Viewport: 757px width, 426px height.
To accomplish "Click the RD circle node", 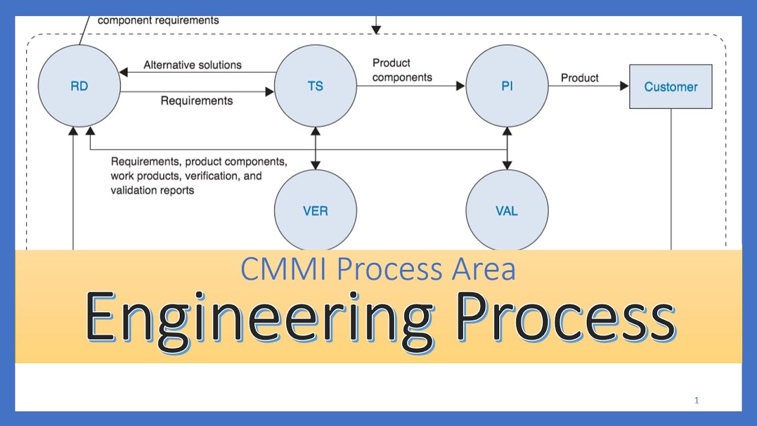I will [x=79, y=86].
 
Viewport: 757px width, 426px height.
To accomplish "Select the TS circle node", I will [x=315, y=86].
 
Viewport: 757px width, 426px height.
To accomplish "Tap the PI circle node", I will [x=507, y=86].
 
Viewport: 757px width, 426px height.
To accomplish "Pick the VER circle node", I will [x=315, y=211].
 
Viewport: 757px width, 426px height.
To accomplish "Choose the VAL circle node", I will [x=507, y=211].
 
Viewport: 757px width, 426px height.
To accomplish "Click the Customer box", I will [x=671, y=87].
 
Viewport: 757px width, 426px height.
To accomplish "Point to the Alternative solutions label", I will [x=192, y=65].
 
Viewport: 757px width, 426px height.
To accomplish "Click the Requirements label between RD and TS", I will [x=196, y=101].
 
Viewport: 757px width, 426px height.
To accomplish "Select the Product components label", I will [x=402, y=70].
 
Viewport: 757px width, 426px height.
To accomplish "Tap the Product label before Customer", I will [x=580, y=78].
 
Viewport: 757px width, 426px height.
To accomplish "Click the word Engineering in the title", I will [x=258, y=319].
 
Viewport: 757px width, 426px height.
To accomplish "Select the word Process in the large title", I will [x=567, y=319].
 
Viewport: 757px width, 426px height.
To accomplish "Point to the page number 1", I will [x=697, y=401].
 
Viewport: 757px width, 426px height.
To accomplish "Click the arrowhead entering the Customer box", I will [x=624, y=86].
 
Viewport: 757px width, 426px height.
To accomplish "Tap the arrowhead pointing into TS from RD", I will [x=270, y=92].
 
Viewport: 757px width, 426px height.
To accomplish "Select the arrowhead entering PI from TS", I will [x=461, y=86].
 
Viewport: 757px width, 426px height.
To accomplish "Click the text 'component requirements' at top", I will [x=158, y=21].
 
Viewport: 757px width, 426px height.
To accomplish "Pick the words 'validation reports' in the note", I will [x=153, y=191].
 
